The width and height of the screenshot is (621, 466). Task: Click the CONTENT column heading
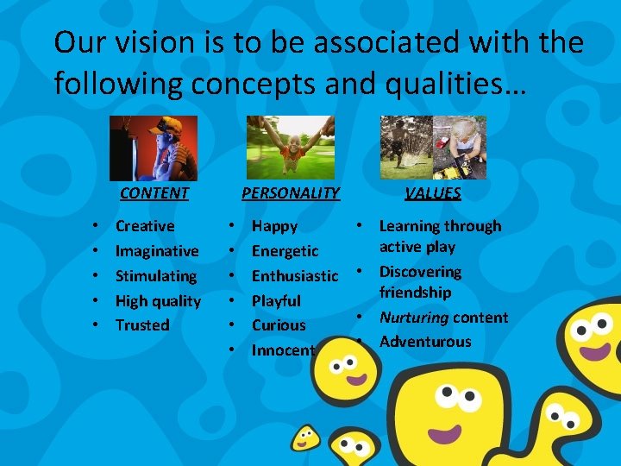(154, 192)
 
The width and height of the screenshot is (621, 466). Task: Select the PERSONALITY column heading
(291, 192)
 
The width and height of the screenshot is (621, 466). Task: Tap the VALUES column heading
(433, 192)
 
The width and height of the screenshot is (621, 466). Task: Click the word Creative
(145, 226)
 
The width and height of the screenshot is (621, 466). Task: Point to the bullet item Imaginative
(157, 251)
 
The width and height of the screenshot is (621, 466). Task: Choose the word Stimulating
(156, 276)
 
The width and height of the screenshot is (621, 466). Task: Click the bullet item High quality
(158, 301)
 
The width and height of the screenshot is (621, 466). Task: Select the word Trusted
(142, 325)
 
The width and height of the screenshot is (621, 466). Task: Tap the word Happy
(274, 226)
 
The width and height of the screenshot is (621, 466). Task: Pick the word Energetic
(285, 251)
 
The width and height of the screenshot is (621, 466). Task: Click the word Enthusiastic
(294, 276)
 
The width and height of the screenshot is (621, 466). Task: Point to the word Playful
(276, 301)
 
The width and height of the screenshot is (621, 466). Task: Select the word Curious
(279, 325)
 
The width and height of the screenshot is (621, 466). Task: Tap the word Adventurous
(425, 342)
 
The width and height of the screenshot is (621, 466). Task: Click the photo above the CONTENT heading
(154, 148)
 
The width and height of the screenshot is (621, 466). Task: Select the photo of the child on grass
(290, 148)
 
